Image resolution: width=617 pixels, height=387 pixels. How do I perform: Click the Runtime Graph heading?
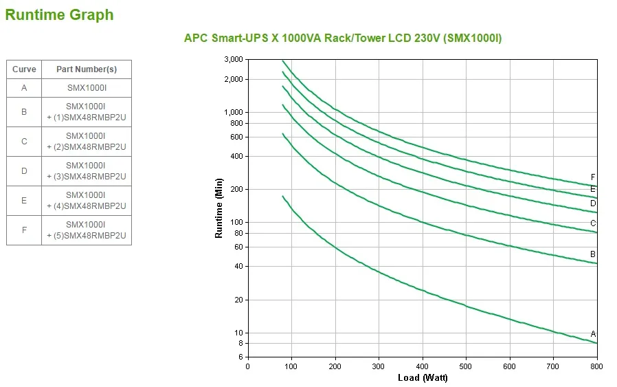[x=59, y=14]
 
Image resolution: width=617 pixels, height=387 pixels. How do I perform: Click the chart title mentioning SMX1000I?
[x=343, y=38]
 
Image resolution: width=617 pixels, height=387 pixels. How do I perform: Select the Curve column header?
[x=24, y=69]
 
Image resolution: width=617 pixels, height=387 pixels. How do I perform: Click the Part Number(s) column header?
[x=86, y=69]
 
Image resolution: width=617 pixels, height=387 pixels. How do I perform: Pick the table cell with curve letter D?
[x=24, y=170]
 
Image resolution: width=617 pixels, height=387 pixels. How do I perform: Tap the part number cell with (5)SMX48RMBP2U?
[x=86, y=230]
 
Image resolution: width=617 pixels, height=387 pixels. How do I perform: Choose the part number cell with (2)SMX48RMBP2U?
[x=86, y=141]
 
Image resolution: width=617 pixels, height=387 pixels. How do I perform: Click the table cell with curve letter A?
[x=24, y=88]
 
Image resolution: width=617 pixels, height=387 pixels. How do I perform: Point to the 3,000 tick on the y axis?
[x=234, y=60]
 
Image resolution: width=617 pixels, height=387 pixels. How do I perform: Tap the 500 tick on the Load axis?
[x=466, y=366]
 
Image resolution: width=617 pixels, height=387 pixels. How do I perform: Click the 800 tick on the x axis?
[x=597, y=366]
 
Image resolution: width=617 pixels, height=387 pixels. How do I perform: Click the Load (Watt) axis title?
[x=422, y=378]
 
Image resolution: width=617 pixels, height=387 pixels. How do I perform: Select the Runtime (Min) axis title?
[x=219, y=208]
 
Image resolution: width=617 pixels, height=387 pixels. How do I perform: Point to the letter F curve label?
[x=593, y=177]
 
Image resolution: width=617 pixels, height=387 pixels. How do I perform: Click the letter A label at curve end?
[x=593, y=334]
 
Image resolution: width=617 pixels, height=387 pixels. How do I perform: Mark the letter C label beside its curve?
[x=593, y=223]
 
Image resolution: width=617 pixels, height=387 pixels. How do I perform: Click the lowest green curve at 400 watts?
[x=423, y=291]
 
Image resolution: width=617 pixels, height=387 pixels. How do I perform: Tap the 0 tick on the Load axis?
[x=248, y=366]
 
